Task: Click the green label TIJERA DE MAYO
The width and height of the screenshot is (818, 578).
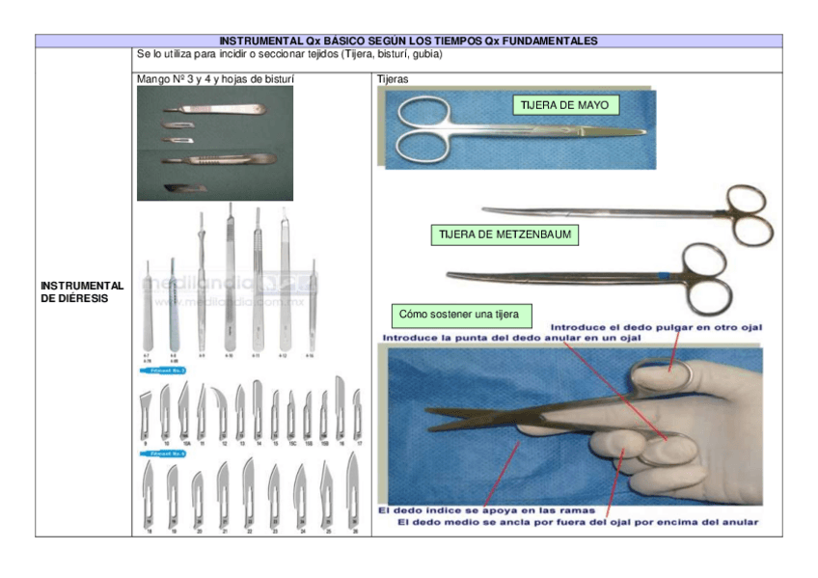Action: click(564, 104)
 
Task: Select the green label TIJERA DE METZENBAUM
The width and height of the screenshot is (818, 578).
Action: click(504, 234)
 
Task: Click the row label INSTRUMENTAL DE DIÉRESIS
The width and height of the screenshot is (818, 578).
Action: click(82, 291)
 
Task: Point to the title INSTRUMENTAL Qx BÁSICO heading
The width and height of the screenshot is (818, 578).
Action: click(408, 41)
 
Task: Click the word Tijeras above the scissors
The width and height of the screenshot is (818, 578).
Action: click(393, 79)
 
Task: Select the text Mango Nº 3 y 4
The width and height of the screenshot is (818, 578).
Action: click(182, 79)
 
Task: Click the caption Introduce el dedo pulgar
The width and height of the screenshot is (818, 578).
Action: click(657, 327)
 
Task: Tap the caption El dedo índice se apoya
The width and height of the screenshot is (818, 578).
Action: click(485, 509)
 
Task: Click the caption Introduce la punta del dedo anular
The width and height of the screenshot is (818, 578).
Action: click(512, 339)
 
